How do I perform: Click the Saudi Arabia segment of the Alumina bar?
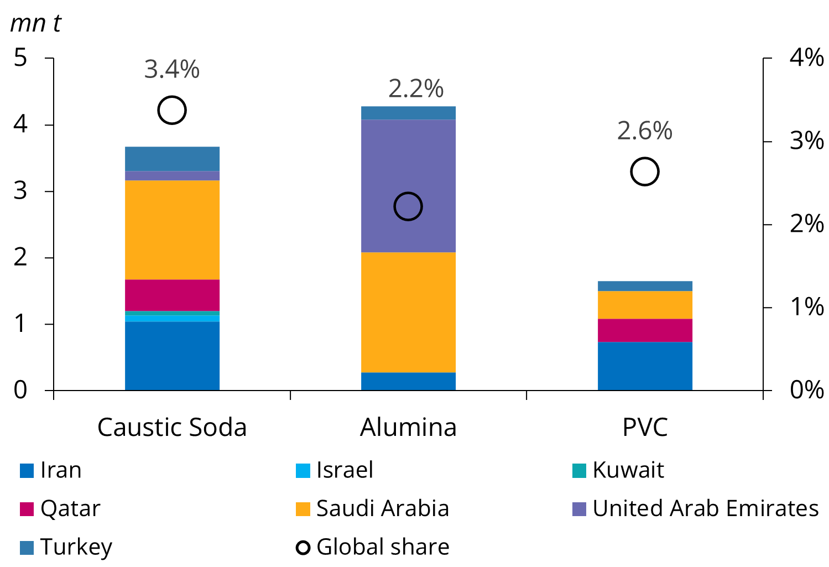coord(408,312)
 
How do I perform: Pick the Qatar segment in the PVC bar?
coord(645,330)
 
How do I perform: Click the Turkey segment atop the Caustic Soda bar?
coord(172,159)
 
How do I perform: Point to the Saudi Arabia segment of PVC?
coord(645,305)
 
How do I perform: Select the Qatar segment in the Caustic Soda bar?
coord(172,295)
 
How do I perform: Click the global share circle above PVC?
coord(645,171)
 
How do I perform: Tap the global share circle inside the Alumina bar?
coord(408,206)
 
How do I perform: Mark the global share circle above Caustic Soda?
coord(172,110)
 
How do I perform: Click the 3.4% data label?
coord(172,70)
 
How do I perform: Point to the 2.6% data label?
coord(645,131)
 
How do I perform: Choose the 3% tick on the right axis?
coord(806,141)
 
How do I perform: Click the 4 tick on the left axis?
coord(20,124)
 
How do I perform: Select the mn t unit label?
coord(35,23)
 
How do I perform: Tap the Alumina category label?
coord(408,427)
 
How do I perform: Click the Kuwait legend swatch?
coord(579,471)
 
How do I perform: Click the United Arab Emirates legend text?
coord(705,508)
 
